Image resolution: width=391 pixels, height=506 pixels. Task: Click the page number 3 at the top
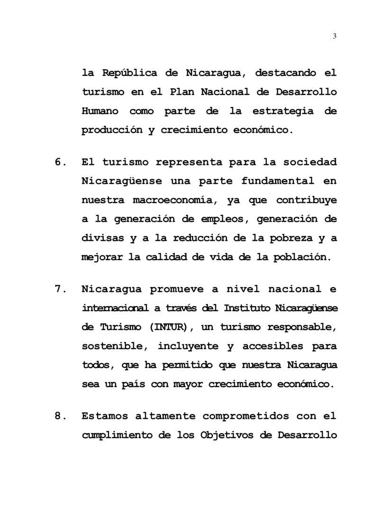(335, 36)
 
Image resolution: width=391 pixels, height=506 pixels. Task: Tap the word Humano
(100, 111)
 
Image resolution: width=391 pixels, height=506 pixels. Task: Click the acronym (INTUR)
(169, 327)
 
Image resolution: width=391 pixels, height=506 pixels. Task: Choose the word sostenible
(111, 346)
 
